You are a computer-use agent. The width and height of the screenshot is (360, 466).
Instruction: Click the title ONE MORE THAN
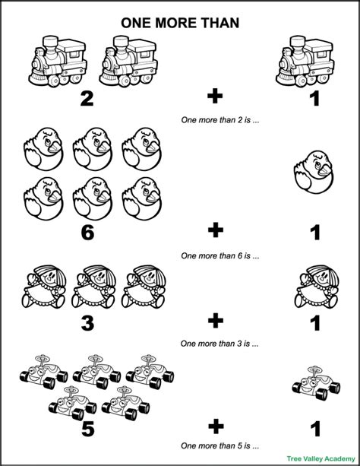180,23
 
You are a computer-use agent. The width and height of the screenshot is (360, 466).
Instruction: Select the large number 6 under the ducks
87,233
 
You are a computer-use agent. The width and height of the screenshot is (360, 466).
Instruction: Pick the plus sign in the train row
216,97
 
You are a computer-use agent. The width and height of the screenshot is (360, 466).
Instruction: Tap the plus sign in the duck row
216,233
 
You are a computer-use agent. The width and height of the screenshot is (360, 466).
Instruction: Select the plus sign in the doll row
216,322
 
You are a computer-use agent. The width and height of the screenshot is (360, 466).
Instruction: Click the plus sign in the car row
216,426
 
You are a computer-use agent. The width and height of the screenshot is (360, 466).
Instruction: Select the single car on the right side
313,382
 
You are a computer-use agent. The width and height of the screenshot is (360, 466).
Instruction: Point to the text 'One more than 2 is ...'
216,119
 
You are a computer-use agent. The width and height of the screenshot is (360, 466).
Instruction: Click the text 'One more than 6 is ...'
216,255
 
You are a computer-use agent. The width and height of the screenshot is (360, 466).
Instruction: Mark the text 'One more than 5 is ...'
216,445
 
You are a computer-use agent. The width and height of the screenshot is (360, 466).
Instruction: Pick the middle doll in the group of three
98,287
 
